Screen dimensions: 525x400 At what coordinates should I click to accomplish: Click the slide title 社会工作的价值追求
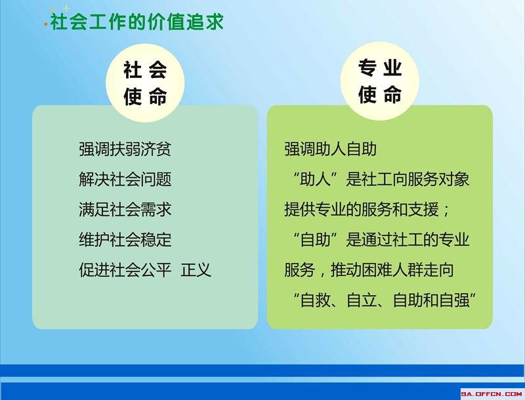click(136, 22)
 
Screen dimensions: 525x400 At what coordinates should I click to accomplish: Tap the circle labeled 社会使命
click(145, 83)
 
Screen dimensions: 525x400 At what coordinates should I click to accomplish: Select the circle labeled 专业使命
click(380, 81)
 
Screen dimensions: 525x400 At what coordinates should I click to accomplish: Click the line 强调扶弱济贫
click(125, 149)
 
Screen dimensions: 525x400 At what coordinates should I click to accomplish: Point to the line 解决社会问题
click(125, 179)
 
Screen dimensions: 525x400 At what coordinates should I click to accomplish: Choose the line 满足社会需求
click(125, 210)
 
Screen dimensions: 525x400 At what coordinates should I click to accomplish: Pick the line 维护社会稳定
click(125, 240)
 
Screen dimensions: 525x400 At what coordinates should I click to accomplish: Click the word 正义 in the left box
click(196, 270)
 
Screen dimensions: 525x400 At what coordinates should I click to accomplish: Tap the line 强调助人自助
click(331, 149)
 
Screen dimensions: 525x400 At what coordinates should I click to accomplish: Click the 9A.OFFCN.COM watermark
click(492, 394)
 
